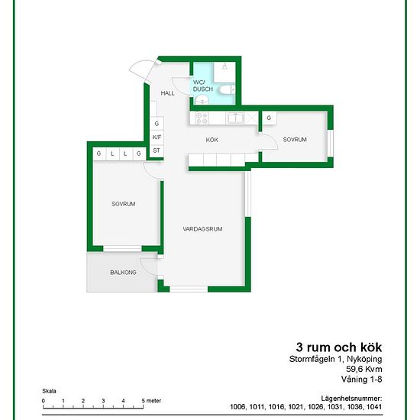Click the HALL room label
167,93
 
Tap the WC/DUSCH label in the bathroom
203,86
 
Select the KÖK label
212,140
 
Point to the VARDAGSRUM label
203,229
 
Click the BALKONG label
123,273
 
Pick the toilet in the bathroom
227,89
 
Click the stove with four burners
202,118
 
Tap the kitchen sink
235,118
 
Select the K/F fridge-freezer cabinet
157,137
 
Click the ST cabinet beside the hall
157,150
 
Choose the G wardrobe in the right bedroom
269,118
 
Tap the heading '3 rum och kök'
339,347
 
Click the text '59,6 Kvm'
364,369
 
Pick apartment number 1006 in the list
237,406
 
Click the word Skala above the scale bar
49,391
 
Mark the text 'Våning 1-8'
362,380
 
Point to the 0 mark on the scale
44,401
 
